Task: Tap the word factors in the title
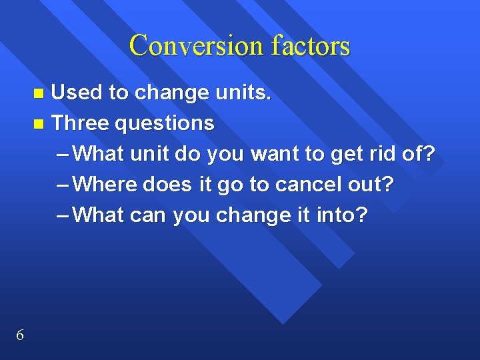point(311,45)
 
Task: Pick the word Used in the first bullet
point(77,93)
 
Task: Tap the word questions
point(165,124)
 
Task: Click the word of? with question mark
point(419,154)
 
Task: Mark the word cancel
point(307,185)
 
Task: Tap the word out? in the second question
point(371,185)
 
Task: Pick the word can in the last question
point(149,216)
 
